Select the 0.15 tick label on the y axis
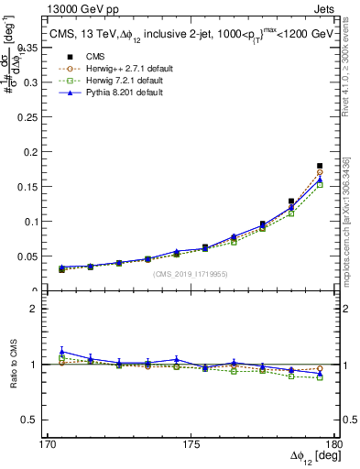coord(38,185)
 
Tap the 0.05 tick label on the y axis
coord(38,256)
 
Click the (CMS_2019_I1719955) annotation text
coord(191,273)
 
